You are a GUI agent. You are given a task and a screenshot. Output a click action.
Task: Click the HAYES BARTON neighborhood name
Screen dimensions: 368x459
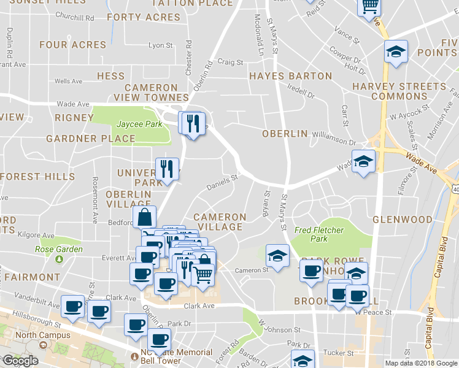290,77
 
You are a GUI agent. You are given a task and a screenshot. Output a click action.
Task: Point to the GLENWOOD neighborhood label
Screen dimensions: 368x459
402,220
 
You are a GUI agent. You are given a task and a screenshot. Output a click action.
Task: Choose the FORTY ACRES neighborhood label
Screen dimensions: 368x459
143,17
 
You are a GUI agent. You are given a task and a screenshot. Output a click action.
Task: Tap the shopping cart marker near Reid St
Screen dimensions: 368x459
369,6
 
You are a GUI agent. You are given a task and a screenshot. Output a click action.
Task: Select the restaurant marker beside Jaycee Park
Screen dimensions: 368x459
193,123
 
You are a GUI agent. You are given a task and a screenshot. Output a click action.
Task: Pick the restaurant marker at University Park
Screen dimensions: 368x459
167,168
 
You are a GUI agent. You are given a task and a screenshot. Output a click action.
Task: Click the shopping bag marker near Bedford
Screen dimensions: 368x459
144,217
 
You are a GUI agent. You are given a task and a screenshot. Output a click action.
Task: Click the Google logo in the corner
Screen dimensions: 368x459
20,361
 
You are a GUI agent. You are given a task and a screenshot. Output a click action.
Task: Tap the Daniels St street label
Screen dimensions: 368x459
221,181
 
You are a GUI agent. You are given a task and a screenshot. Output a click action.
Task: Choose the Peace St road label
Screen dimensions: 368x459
379,312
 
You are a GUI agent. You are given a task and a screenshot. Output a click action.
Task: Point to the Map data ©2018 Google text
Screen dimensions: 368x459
420,363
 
